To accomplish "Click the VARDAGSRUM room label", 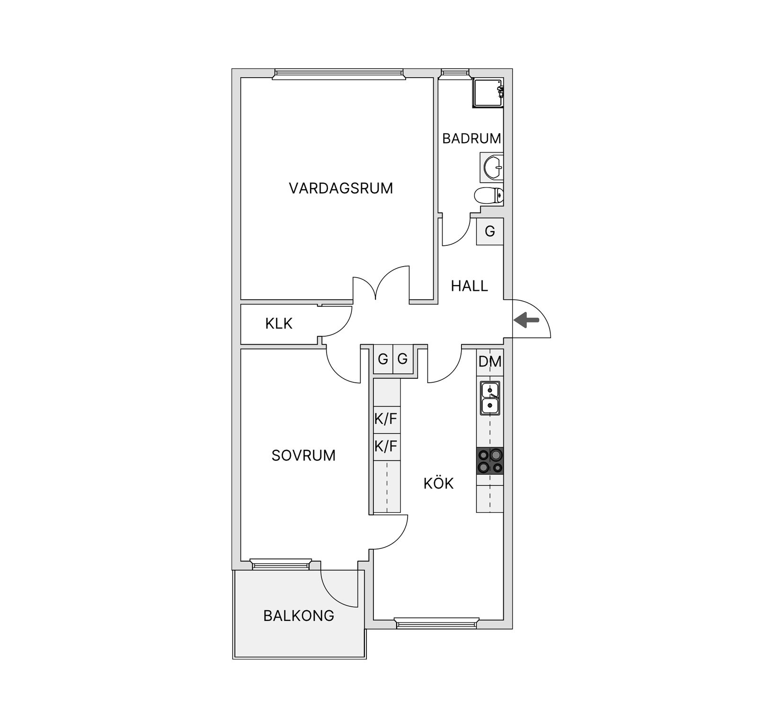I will (x=341, y=188).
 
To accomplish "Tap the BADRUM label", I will (x=471, y=138).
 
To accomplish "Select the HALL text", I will (x=469, y=286).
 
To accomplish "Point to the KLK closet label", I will (x=279, y=323).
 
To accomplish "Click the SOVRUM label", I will (x=303, y=455).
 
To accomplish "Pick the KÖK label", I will (x=438, y=484).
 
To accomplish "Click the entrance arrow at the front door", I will (x=527, y=320).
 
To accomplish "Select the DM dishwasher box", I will (x=490, y=362).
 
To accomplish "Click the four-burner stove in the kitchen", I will (x=490, y=461).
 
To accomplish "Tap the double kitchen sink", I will (x=490, y=398).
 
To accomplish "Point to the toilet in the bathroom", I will (x=489, y=195).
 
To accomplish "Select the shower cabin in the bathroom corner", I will (x=488, y=93).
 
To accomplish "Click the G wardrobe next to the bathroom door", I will (x=490, y=232).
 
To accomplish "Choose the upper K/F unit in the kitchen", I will (x=387, y=420).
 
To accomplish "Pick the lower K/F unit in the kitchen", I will (x=387, y=447).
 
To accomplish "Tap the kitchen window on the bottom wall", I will (x=436, y=623).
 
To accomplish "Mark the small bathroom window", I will (x=454, y=73).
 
